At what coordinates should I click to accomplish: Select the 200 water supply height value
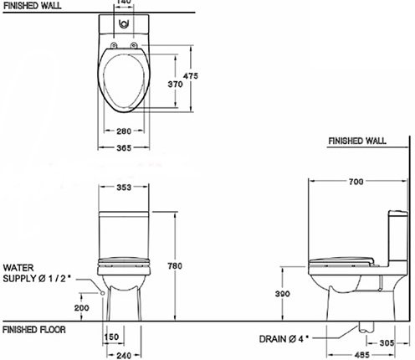(x=81, y=309)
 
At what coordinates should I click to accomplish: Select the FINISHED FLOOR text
(x=35, y=330)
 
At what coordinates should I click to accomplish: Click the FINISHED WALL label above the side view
(x=357, y=141)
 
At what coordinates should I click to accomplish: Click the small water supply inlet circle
(x=100, y=293)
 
